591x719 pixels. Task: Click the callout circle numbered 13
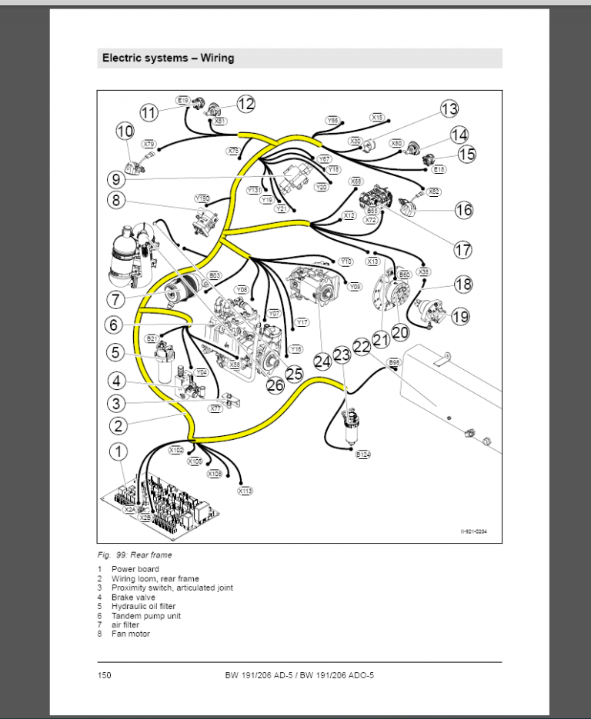[x=449, y=108]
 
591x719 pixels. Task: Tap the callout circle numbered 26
[x=275, y=384]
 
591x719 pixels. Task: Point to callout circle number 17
[x=462, y=249]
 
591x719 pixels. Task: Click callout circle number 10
[x=125, y=131]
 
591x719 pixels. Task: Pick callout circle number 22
[x=362, y=346]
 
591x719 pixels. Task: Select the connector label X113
[x=245, y=490]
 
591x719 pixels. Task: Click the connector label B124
[x=362, y=455]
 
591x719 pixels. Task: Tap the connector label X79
[x=149, y=144]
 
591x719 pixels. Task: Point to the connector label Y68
[x=332, y=121]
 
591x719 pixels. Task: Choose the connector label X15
[x=377, y=118]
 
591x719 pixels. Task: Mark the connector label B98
[x=393, y=361]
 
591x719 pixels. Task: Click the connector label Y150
[x=202, y=198]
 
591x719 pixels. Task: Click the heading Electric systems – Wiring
[x=169, y=58]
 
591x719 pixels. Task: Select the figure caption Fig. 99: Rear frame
[x=135, y=554]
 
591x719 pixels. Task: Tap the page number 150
[x=104, y=675]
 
